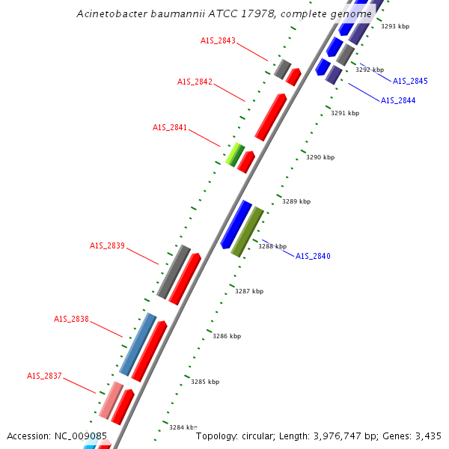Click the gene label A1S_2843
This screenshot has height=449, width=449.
point(218,40)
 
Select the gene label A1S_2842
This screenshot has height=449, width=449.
point(195,82)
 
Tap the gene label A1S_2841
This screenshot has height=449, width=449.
point(170,127)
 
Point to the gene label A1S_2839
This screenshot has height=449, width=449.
point(107,245)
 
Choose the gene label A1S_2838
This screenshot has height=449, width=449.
point(71,319)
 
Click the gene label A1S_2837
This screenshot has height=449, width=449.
point(45,376)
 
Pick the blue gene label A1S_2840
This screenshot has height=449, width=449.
point(313,256)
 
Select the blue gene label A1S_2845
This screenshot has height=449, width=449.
point(410,81)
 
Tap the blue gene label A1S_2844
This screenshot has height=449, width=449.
point(398,100)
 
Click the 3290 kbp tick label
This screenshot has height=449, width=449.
point(320,158)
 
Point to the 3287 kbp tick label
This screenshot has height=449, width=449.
point(249,291)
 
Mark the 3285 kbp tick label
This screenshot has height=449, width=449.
point(205,382)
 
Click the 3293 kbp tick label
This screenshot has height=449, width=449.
point(395,26)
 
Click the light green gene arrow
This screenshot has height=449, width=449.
point(235,153)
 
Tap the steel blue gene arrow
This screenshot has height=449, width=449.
point(138,343)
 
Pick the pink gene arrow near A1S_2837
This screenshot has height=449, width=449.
point(111,400)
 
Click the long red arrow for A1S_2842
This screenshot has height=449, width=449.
point(270,117)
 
